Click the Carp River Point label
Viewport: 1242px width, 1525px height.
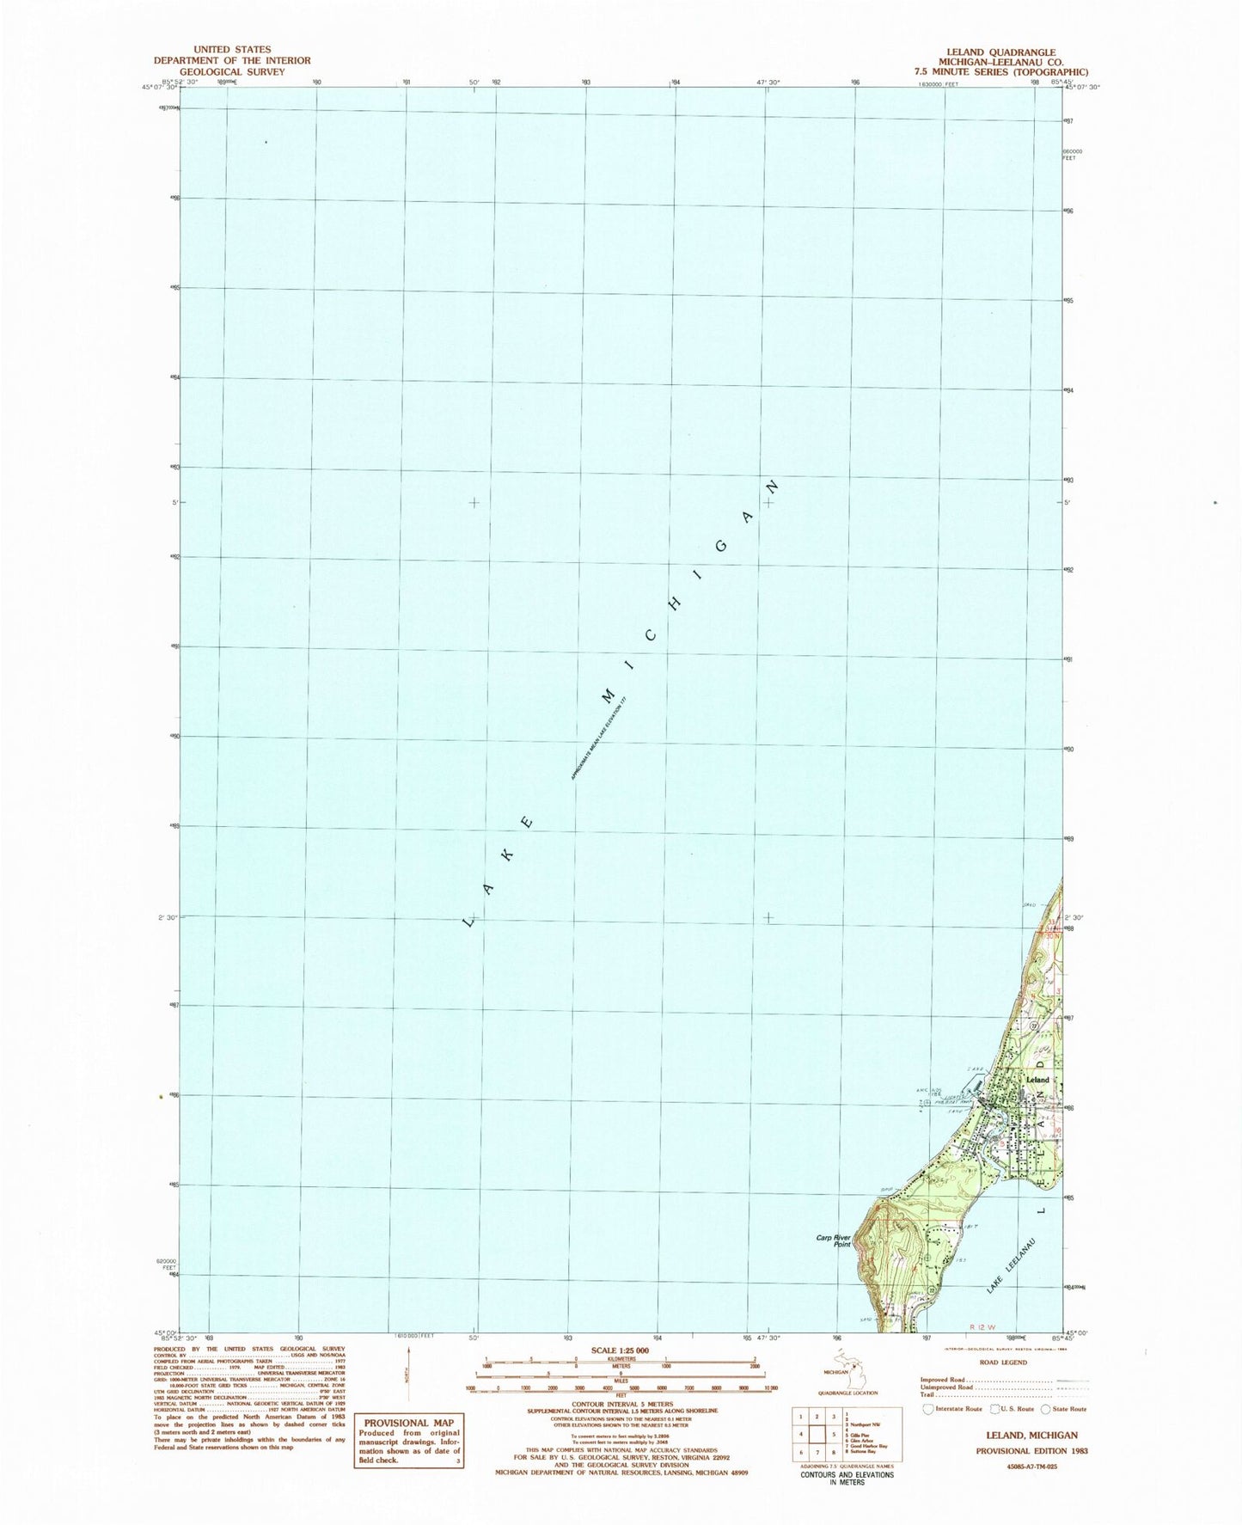(x=832, y=1241)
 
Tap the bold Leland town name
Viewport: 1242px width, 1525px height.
(x=1037, y=1079)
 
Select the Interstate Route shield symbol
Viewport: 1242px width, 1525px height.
(x=927, y=1409)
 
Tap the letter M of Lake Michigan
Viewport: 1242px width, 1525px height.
(x=609, y=693)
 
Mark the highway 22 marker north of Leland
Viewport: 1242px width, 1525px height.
(x=1034, y=1026)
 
